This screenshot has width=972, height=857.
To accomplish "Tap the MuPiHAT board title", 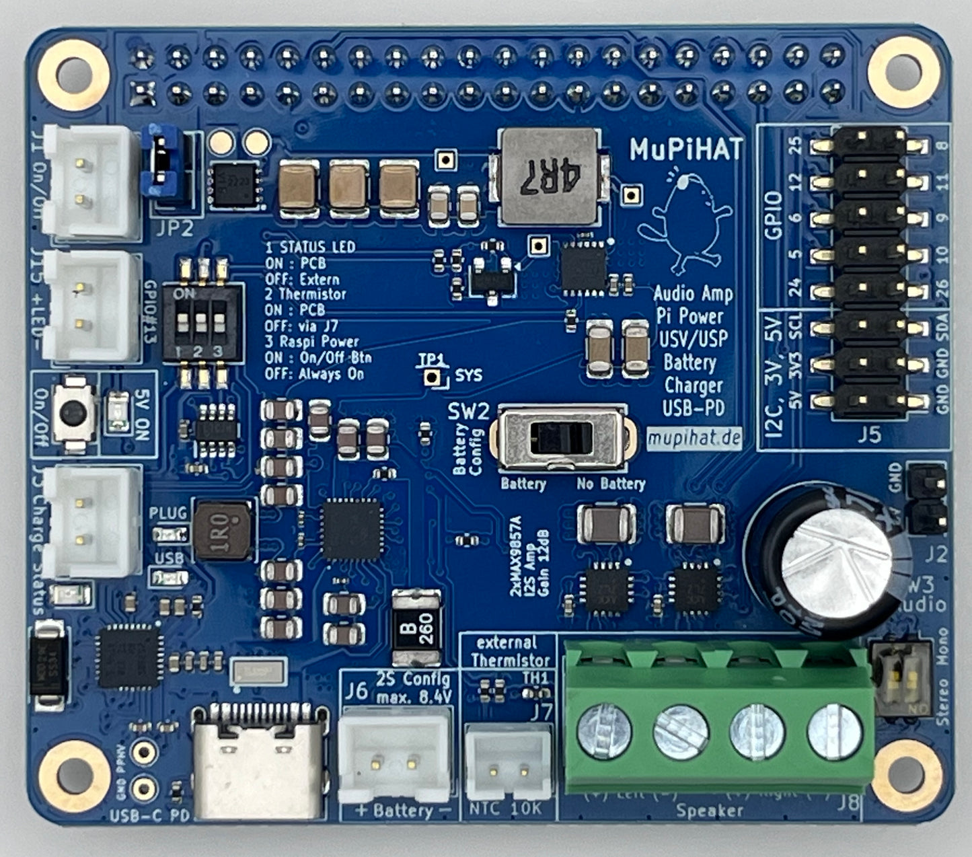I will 686,149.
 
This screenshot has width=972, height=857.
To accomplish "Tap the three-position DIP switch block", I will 200,326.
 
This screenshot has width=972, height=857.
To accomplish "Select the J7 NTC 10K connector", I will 508,766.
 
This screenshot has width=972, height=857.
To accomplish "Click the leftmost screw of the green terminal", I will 603,732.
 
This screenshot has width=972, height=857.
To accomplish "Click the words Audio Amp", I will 693,294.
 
